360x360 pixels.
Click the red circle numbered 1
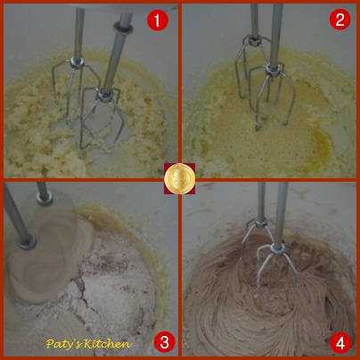158,20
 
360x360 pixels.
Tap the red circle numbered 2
340,19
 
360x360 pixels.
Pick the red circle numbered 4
340,342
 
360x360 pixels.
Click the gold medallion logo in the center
180,178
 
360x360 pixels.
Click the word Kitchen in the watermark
108,344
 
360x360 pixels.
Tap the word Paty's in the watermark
64,344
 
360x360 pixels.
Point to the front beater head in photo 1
102,119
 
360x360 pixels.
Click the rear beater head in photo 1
76,89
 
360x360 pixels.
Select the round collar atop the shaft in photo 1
123,28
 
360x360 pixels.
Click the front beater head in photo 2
272,96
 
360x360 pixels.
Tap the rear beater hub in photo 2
253,39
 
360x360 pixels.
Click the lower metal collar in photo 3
27,242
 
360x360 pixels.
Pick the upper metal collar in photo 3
45,198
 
